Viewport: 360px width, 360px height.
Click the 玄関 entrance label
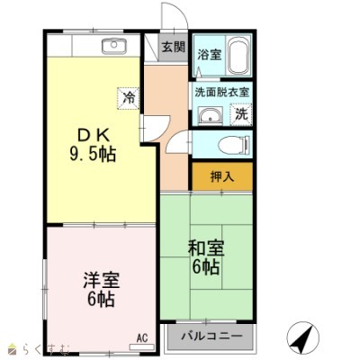click(174, 47)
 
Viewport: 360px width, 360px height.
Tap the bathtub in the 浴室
click(238, 57)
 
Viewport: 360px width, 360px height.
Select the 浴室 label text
click(210, 55)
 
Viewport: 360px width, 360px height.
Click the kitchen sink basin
click(114, 46)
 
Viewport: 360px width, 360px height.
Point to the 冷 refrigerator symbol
click(129, 98)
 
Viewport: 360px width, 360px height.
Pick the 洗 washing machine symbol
click(241, 114)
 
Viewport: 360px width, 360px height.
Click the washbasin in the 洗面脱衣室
click(210, 116)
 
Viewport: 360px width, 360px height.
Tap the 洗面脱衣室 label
click(222, 92)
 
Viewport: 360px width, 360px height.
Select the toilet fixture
click(234, 145)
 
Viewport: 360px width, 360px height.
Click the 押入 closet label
click(222, 176)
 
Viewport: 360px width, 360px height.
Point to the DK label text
click(93, 136)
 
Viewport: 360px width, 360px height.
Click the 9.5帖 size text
click(93, 155)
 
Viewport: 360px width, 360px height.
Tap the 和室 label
click(206, 248)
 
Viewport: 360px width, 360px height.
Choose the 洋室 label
click(102, 280)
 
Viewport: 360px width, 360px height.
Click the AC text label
click(142, 338)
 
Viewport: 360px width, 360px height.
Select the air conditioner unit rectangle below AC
click(141, 347)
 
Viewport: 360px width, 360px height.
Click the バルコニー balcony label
click(211, 336)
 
